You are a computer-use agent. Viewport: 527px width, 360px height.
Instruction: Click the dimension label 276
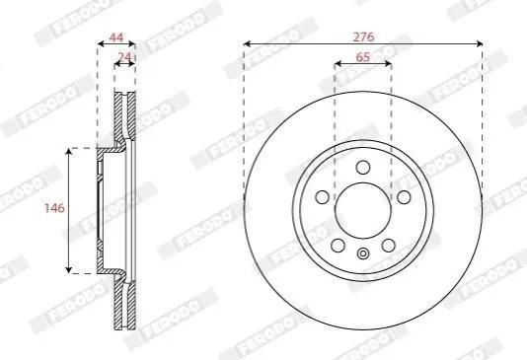(363, 36)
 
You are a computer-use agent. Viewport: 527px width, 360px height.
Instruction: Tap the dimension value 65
(362, 57)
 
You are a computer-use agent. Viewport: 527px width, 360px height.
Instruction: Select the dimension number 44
(116, 36)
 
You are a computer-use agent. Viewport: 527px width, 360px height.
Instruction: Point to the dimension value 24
(124, 57)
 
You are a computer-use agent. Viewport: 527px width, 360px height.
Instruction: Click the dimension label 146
(54, 208)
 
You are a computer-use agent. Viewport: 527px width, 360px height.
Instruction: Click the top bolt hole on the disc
(363, 167)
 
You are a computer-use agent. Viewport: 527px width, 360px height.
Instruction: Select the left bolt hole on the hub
(322, 197)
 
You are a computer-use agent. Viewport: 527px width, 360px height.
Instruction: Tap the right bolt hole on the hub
(404, 197)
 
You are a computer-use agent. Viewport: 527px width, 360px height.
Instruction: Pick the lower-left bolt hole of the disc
(338, 246)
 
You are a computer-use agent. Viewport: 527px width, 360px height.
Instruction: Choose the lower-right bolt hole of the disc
(388, 246)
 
